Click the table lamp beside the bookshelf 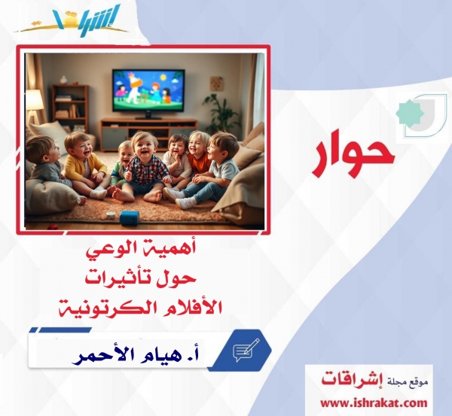click(x=34, y=100)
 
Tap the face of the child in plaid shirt click(x=142, y=145)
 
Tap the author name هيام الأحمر click(x=117, y=352)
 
